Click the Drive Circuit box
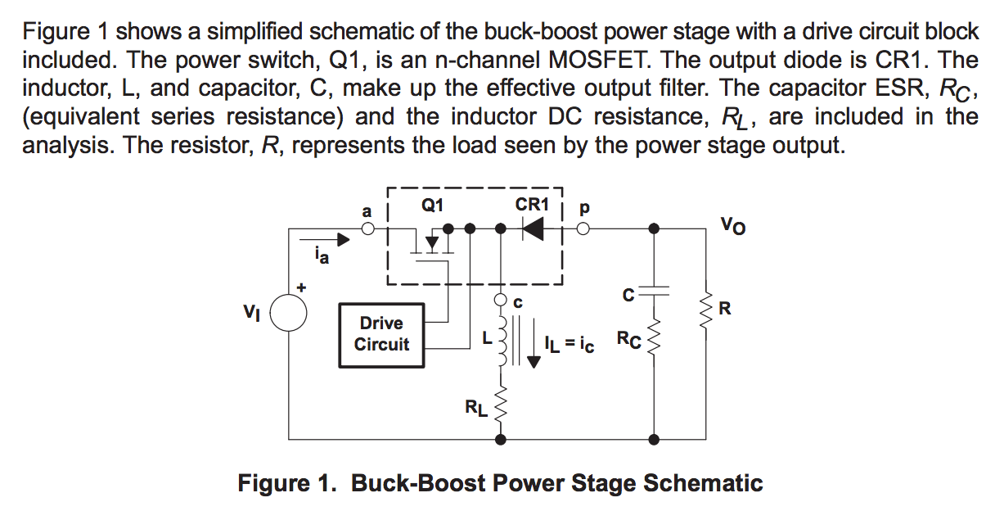[x=381, y=334]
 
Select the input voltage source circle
[x=289, y=313]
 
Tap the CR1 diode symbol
[x=533, y=230]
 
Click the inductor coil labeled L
[x=500, y=339]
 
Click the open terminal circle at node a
[x=369, y=230]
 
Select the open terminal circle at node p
[x=583, y=230]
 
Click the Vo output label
[x=733, y=224]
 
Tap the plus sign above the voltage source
[x=303, y=288]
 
